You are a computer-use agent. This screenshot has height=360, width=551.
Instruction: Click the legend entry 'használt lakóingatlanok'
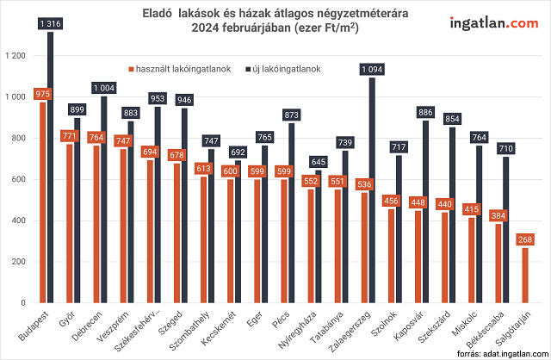tap(182, 68)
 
